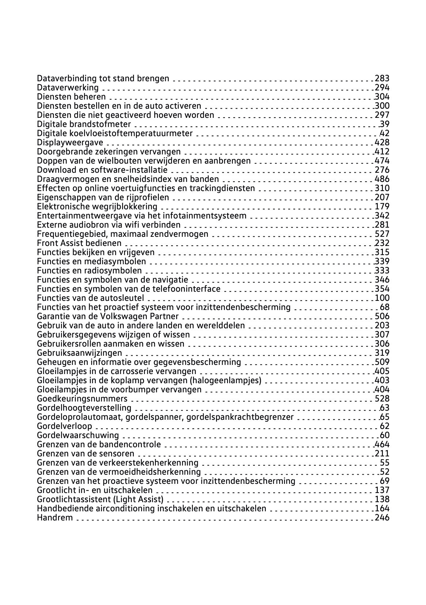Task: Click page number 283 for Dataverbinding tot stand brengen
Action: point(382,78)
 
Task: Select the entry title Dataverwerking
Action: point(68,87)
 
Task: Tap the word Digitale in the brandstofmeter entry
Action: point(52,124)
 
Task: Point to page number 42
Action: point(385,133)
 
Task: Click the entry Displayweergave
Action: point(70,142)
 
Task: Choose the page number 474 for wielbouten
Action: point(382,161)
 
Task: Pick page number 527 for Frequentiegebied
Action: point(382,234)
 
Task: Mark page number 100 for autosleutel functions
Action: point(382,298)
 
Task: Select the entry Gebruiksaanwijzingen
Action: point(80,353)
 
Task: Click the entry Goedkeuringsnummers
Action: point(82,399)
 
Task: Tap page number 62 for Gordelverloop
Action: point(385,426)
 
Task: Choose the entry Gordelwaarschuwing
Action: point(78,435)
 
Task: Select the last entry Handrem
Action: point(55,518)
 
